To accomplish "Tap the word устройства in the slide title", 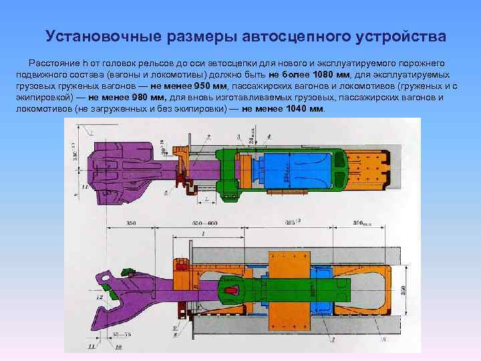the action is click(388, 34).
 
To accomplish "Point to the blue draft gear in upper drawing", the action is click(304, 170).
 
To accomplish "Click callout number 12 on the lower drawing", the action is click(99, 296).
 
